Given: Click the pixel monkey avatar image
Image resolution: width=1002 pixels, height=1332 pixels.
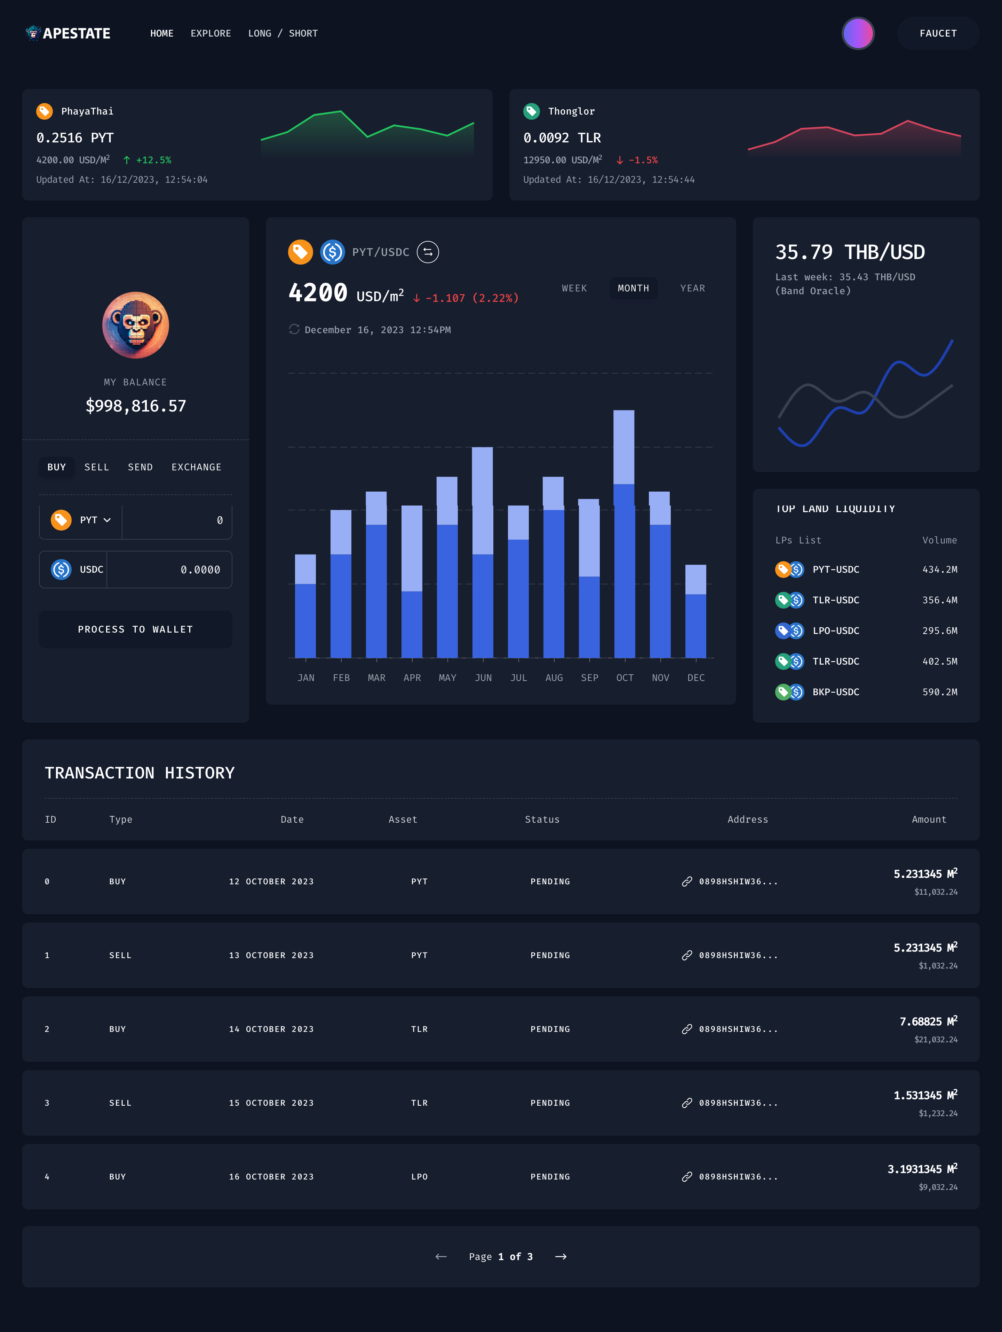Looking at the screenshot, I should pos(135,325).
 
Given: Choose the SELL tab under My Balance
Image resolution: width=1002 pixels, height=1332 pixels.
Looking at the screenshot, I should pos(96,467).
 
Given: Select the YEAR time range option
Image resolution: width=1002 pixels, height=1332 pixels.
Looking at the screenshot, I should pos(692,289).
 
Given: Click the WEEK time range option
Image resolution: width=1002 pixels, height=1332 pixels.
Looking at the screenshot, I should pos(574,289).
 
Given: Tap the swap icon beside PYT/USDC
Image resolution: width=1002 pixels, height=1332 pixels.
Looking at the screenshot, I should pos(428,252).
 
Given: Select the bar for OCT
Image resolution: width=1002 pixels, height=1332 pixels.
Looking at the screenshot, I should pos(624,536).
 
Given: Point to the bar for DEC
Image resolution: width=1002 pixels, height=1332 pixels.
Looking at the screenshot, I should pos(696,611).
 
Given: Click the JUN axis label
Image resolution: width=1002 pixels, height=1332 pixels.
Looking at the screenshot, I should pos(483,678).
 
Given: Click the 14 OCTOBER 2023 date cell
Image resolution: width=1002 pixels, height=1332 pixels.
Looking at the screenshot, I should pos(271,1029).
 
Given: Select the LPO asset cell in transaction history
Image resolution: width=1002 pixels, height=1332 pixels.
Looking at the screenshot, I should pos(420,1177).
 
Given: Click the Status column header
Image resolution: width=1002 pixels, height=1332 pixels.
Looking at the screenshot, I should pos(542,820).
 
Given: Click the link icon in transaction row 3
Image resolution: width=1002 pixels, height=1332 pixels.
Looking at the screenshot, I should pos(687,1103).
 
